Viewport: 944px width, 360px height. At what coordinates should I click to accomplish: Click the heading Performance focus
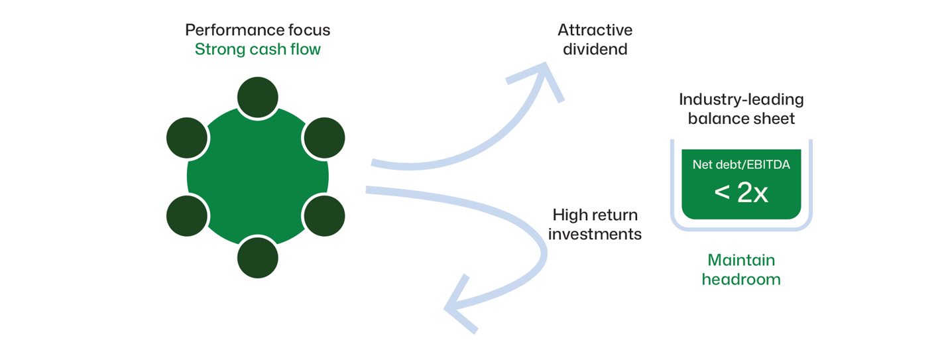(257, 30)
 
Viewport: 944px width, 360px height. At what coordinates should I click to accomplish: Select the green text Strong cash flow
(257, 50)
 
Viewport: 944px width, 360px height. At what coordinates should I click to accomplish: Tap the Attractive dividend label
(595, 39)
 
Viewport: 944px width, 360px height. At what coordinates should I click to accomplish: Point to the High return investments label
(595, 224)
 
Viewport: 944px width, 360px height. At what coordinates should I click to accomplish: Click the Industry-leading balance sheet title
(741, 109)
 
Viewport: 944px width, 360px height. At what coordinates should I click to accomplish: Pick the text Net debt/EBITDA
(741, 165)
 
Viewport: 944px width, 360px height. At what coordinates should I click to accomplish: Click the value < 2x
(741, 193)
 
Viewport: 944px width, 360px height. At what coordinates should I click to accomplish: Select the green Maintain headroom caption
(741, 269)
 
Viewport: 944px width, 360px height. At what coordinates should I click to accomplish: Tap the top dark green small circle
(257, 97)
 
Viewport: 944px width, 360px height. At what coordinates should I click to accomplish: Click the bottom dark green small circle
(257, 257)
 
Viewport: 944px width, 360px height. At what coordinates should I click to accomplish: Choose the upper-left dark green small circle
(187, 138)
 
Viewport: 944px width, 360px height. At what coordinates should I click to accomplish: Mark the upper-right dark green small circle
(324, 138)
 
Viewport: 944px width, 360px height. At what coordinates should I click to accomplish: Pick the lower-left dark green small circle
(187, 215)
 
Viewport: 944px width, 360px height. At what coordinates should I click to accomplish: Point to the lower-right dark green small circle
(324, 215)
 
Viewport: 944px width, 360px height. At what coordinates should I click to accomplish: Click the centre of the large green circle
(257, 176)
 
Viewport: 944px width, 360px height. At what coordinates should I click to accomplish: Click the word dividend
(595, 49)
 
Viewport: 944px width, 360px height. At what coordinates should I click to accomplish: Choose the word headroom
(741, 279)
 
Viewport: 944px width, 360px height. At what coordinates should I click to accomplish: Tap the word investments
(595, 234)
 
